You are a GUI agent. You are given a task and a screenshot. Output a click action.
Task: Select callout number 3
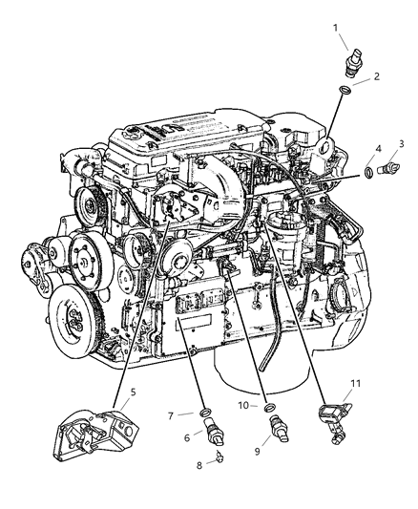coord(401,144)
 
